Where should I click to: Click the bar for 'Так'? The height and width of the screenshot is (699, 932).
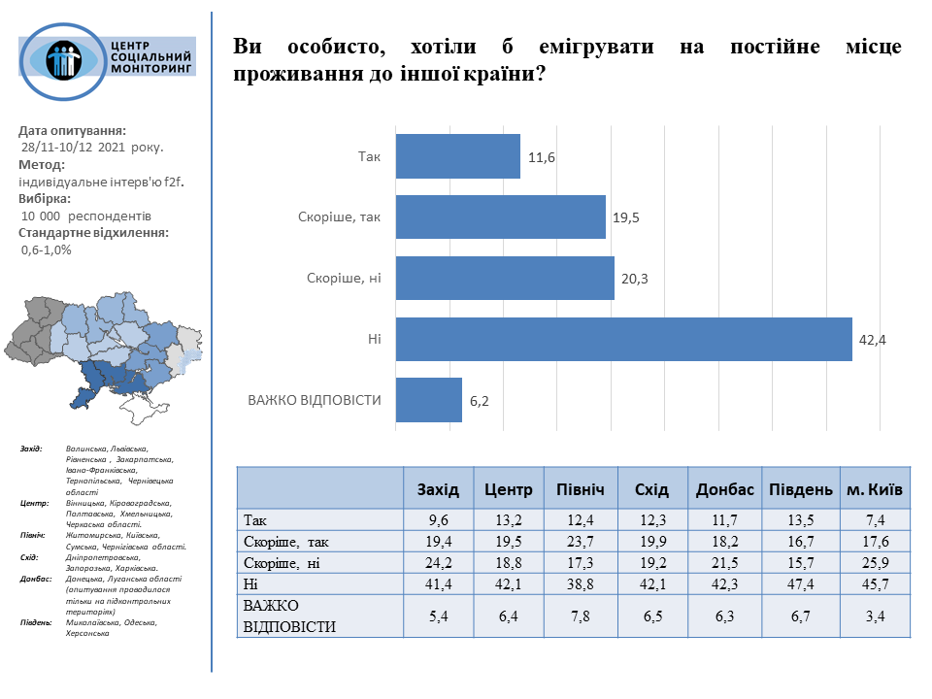[457, 157]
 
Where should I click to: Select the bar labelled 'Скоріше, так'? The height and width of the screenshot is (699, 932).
[500, 217]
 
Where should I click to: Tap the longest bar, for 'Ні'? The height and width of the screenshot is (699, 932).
[623, 340]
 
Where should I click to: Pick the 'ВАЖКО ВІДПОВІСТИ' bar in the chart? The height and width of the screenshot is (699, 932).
[428, 400]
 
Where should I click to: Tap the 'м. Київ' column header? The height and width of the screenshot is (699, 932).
[875, 489]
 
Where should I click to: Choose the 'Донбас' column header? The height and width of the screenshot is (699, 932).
[725, 489]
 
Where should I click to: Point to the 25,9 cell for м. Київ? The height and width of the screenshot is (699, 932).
[875, 563]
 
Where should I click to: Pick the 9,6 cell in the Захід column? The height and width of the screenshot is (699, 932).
[439, 520]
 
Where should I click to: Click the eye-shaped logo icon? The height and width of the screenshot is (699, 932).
[64, 59]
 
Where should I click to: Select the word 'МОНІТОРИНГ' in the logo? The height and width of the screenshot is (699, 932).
[153, 71]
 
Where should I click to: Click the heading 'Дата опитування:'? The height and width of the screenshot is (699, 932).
[73, 130]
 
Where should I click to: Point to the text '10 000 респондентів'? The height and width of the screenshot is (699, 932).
[86, 216]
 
